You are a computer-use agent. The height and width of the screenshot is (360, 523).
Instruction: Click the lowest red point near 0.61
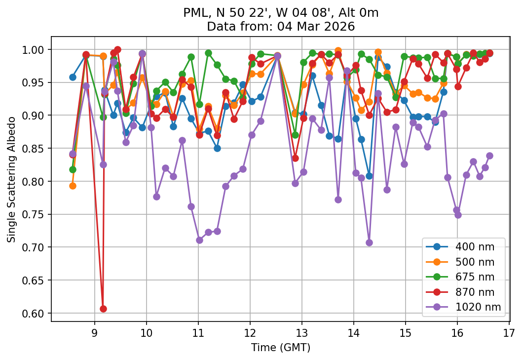[x=103, y=309]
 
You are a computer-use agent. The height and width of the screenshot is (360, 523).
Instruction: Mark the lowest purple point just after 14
[x=369, y=242]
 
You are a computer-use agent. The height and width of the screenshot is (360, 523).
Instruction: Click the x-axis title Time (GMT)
[x=280, y=348]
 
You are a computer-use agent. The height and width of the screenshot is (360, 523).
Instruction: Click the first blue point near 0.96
[x=73, y=77]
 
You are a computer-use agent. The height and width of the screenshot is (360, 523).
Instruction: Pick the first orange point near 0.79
[x=73, y=186]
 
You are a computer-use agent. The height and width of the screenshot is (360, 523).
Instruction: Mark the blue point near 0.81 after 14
[x=369, y=176]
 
